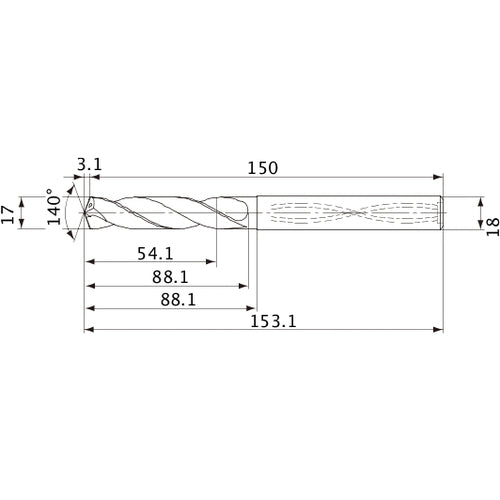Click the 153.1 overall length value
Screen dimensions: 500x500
pos(263,322)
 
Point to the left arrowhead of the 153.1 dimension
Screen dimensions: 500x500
pos(89,329)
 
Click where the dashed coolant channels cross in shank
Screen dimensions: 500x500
pos(354,213)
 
